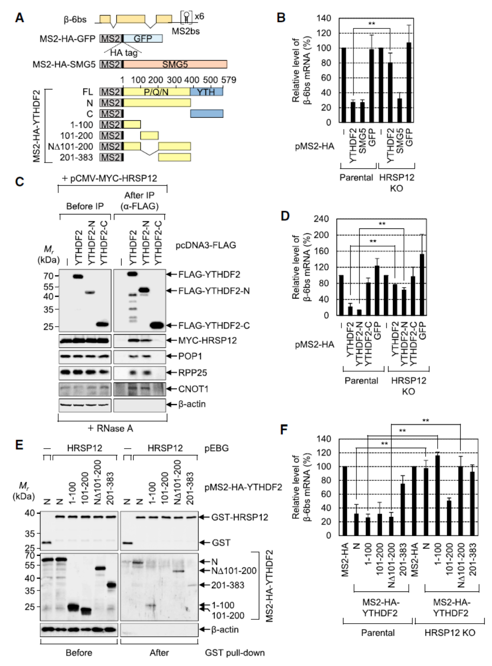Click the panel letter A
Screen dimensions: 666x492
(x=19, y=18)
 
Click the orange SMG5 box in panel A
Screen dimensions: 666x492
(x=175, y=64)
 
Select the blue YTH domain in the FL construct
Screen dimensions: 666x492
(x=206, y=91)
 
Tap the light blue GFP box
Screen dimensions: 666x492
(x=143, y=38)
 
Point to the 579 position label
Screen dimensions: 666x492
(x=228, y=80)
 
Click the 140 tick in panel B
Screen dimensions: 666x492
(x=324, y=18)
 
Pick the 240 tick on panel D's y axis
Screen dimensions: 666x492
(x=321, y=219)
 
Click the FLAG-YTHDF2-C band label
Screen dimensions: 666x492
(x=214, y=326)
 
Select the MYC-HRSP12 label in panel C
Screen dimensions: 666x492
(x=207, y=340)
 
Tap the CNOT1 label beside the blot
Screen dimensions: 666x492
(x=193, y=389)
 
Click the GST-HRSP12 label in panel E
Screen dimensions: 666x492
(x=240, y=517)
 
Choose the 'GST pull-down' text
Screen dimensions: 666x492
(x=235, y=653)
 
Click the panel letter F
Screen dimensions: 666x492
(x=284, y=429)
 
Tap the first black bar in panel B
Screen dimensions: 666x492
(x=343, y=85)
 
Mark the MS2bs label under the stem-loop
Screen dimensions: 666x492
(x=186, y=31)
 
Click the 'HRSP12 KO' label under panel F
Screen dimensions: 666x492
(x=450, y=633)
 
